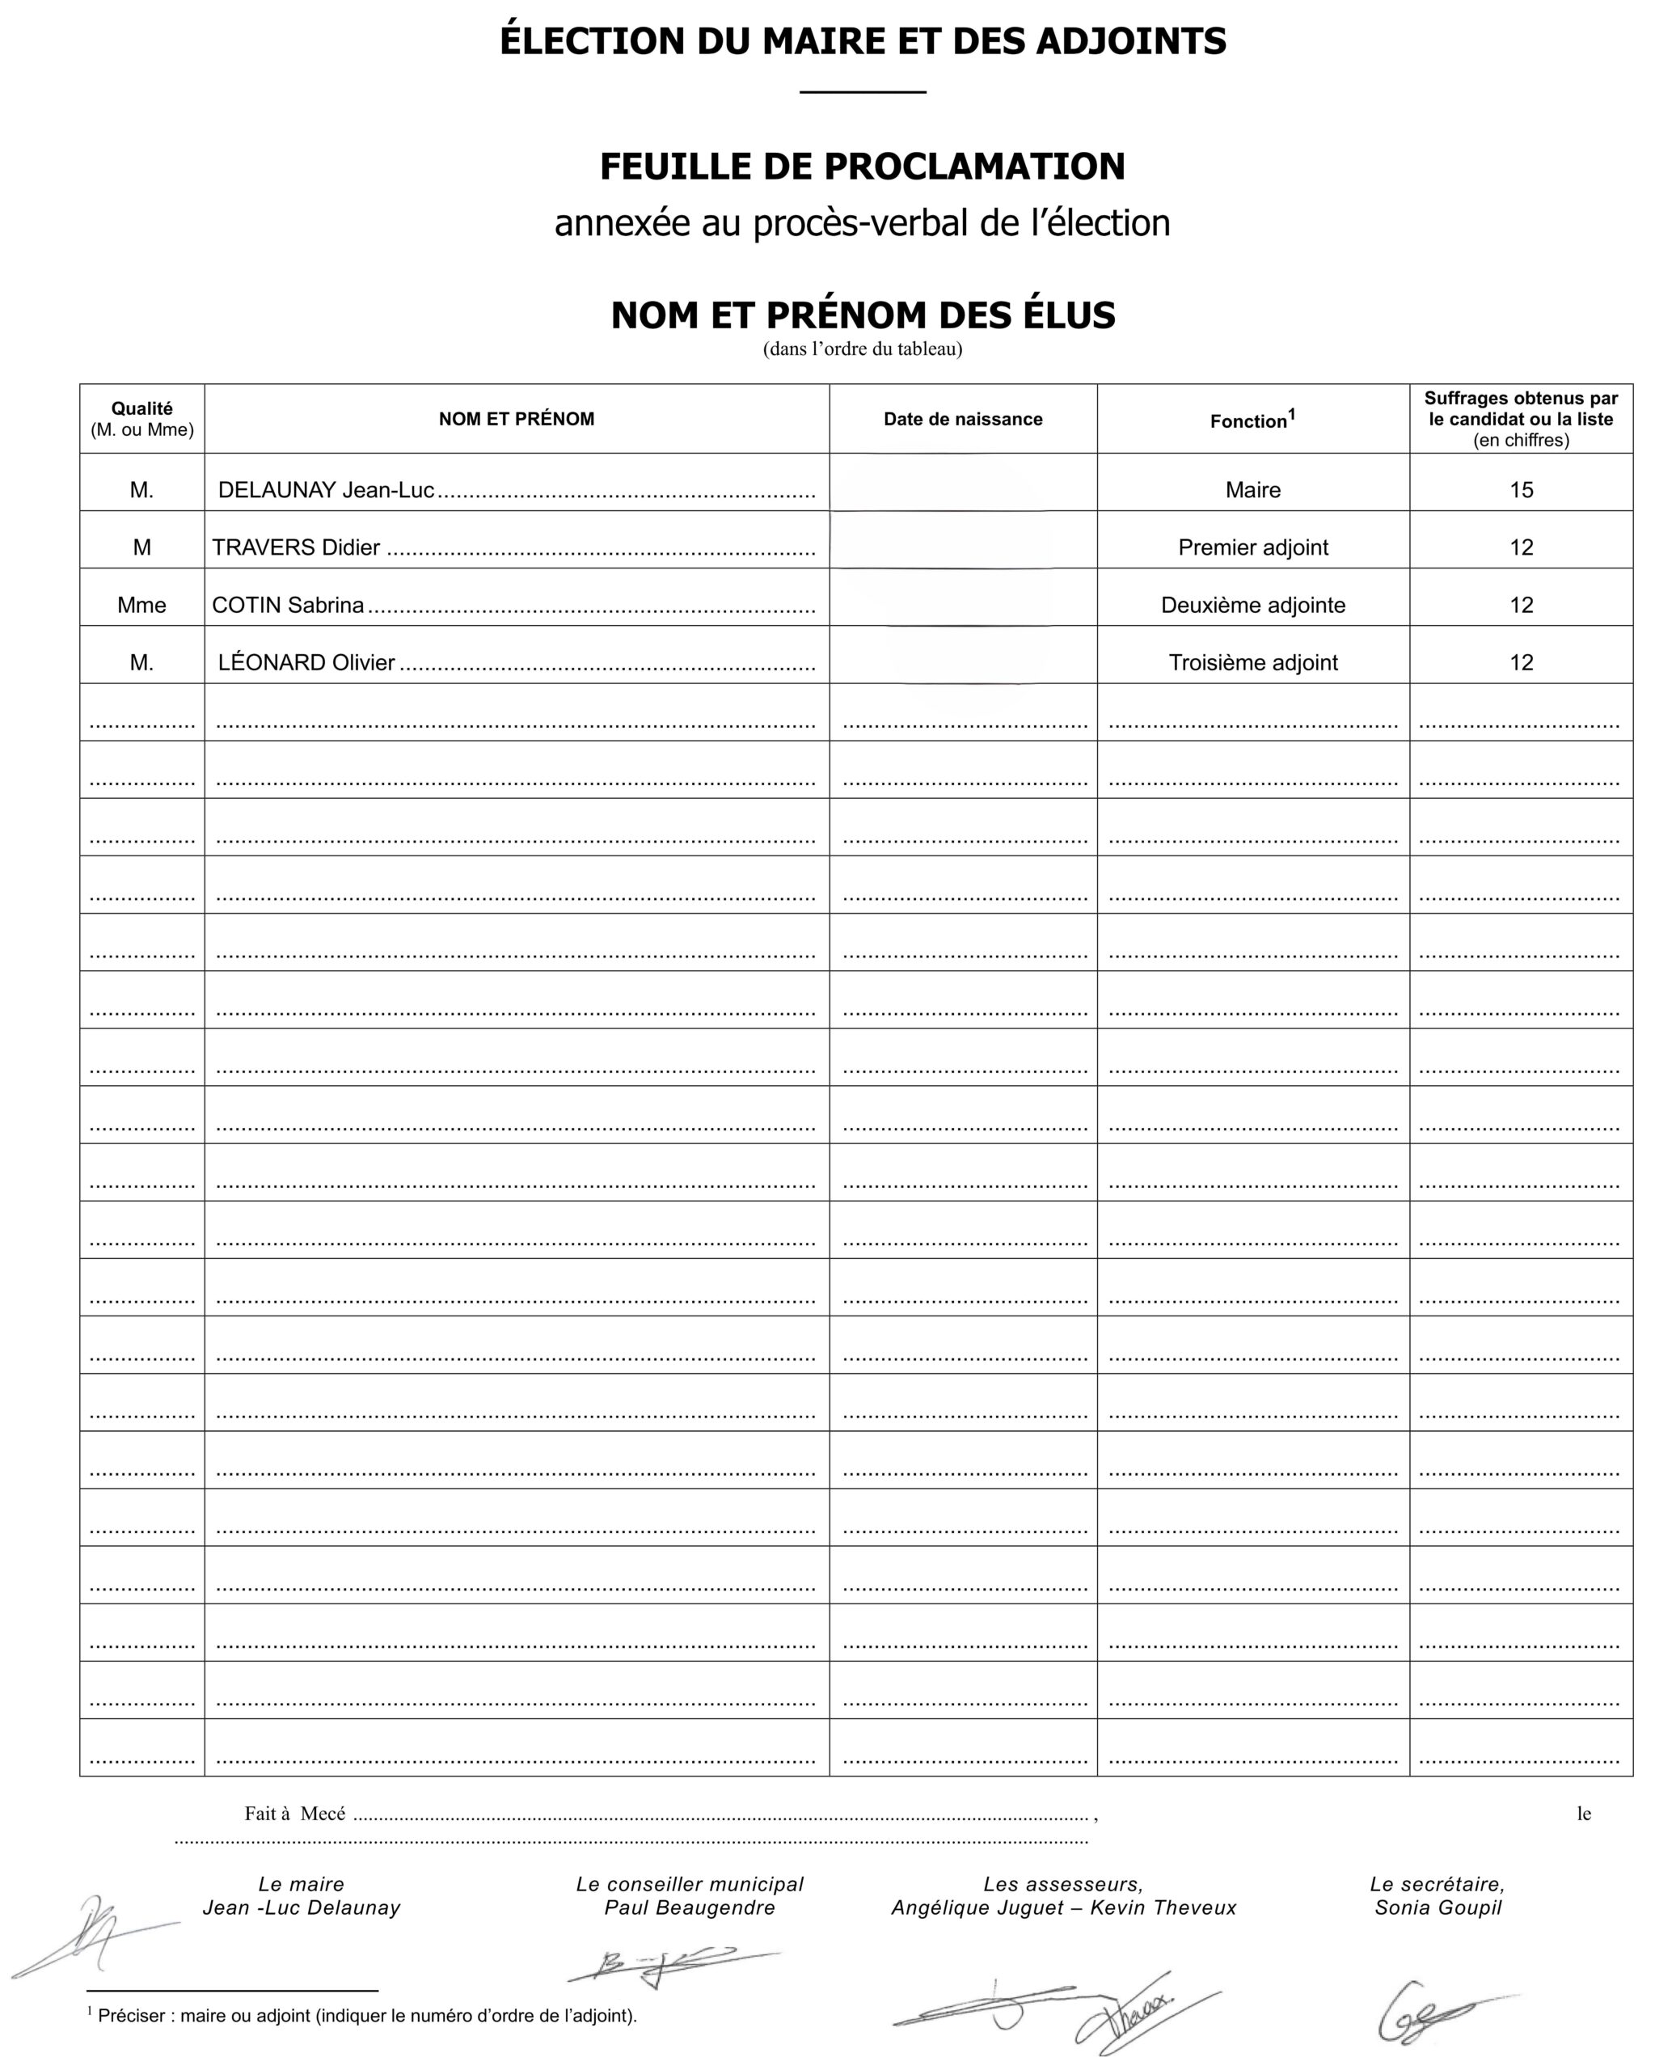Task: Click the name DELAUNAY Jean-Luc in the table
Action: point(326,490)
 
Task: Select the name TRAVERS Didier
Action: point(296,547)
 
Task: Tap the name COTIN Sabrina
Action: point(288,605)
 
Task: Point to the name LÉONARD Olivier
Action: point(306,662)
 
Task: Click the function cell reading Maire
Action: point(1252,490)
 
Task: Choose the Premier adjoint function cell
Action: point(1252,547)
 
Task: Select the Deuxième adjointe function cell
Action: point(1252,605)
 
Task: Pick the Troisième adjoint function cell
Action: point(1252,662)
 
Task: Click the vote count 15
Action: point(1521,490)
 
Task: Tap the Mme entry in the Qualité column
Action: point(142,605)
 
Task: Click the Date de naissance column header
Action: point(962,419)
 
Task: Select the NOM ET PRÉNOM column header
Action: point(517,419)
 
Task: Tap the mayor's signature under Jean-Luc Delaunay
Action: point(91,1935)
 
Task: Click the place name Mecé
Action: point(323,1814)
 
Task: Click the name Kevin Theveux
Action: point(1163,1907)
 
